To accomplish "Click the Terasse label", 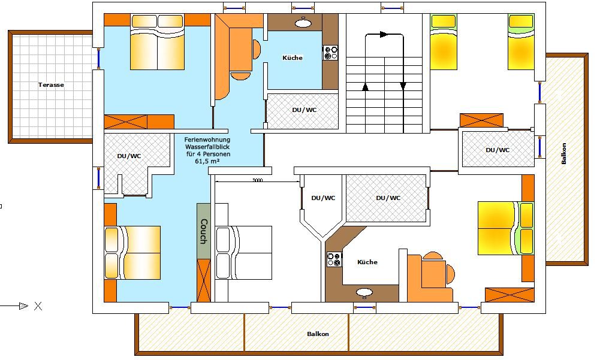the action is click(x=51, y=85).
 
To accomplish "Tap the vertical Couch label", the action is click(x=204, y=231).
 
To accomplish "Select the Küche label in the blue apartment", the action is click(x=293, y=58).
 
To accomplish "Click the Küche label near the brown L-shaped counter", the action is click(x=367, y=262).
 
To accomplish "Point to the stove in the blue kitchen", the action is click(x=330, y=53).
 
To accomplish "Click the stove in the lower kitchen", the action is click(x=334, y=259).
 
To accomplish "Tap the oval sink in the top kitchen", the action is click(x=303, y=23).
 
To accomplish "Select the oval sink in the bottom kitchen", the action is click(x=364, y=293).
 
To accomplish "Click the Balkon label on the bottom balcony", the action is click(x=318, y=334).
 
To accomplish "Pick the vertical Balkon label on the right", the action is click(x=564, y=154).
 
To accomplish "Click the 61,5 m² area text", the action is click(x=207, y=161).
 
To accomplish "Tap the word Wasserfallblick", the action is click(x=207, y=147).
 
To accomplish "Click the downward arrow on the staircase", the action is click(x=403, y=86).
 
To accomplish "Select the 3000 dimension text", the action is click(x=258, y=180).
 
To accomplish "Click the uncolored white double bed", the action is click(x=244, y=252).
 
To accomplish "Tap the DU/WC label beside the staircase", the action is click(x=304, y=110).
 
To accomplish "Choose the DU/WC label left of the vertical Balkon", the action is click(x=498, y=150).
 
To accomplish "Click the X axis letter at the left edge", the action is click(x=38, y=306).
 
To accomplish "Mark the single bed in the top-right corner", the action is click(x=521, y=42).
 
